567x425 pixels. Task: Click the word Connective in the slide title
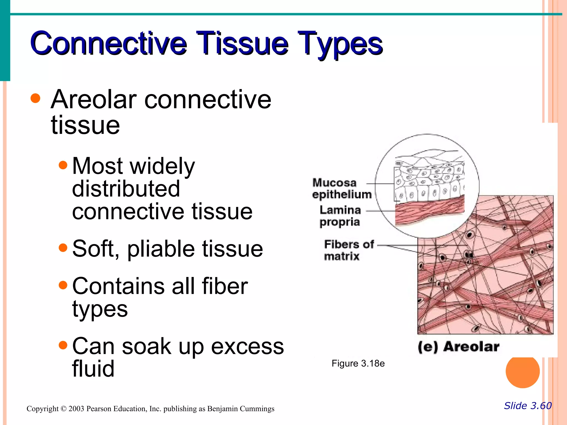(109, 43)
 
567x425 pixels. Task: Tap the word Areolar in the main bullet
(94, 100)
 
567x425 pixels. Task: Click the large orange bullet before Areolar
(35, 98)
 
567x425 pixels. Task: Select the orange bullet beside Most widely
(63, 165)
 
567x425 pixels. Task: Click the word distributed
(126, 189)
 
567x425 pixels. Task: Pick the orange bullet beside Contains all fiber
(63, 285)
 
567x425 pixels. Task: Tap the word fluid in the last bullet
(93, 369)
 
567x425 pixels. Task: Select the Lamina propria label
(340, 216)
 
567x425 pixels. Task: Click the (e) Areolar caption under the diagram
(458, 347)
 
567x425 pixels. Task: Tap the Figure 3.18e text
(358, 364)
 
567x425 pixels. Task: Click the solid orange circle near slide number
(522, 371)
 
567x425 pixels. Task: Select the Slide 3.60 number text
(528, 406)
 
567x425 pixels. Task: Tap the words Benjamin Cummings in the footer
(241, 409)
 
